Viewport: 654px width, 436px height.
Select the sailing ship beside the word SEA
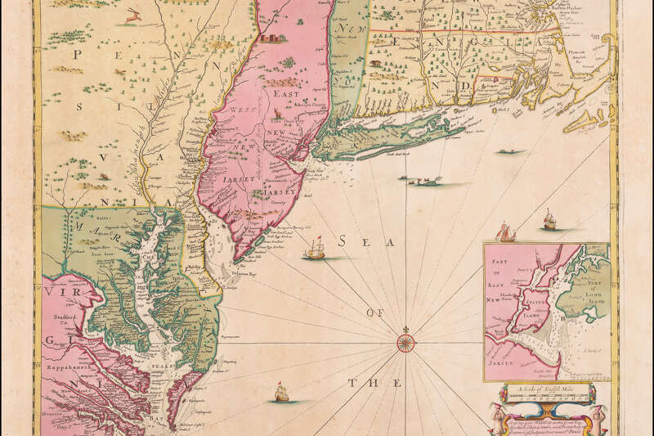point(314,249)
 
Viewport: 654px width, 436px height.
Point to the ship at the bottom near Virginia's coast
point(280,393)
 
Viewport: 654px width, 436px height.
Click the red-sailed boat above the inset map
point(508,235)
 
